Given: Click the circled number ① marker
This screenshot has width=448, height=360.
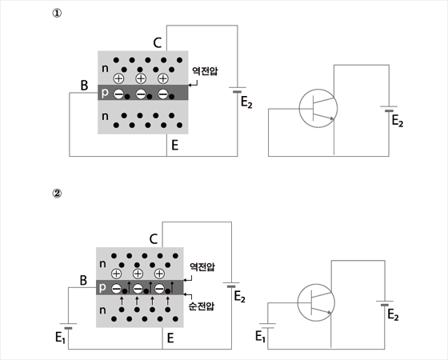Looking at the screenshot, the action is coord(57,14).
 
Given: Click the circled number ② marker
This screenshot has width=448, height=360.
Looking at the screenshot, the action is coord(57,194).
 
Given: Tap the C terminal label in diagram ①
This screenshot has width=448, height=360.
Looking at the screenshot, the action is coord(158,43).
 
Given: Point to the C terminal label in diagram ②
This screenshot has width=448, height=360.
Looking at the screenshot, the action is coord(154,239).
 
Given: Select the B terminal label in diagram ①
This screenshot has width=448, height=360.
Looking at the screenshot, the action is coord(84,86).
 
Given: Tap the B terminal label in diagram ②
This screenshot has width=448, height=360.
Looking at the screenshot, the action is coord(83,280).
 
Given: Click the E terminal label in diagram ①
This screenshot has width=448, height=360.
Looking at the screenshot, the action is coord(175,145).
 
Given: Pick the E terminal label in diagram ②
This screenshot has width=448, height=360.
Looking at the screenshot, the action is coord(170,338).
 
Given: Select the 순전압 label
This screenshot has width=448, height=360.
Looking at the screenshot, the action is coord(202,306).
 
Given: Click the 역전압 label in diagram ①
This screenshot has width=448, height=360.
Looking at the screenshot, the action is coord(205,71).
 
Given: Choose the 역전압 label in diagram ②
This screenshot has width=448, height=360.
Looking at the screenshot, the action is coord(202,267).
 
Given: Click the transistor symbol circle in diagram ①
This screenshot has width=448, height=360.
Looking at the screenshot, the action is coord(318,108).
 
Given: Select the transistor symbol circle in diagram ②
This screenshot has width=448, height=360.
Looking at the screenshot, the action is coord(316,302).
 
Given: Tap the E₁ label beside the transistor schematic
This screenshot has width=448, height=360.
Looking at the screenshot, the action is coord(260,336).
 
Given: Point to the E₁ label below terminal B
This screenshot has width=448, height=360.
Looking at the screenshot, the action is coord(60,338).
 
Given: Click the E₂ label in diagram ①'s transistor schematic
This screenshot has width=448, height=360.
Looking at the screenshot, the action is coord(397,121).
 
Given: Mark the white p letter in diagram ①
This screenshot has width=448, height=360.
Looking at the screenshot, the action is coord(105,93).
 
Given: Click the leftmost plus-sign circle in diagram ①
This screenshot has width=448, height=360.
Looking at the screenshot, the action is coord(118,78).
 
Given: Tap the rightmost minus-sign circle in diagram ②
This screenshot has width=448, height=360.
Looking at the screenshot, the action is coord(159,289).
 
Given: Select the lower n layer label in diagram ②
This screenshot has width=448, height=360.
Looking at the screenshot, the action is coord(102,310).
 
